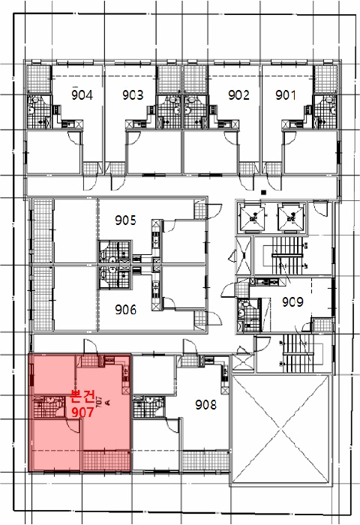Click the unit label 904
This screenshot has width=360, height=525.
[82, 95]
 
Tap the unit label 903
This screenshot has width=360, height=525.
[133, 95]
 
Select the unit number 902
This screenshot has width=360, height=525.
[238, 95]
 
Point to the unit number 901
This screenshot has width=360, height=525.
[286, 95]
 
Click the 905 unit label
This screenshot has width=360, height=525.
[125, 220]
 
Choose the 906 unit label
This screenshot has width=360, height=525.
[125, 309]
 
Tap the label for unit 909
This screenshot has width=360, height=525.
[292, 301]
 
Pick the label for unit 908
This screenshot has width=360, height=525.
[206, 405]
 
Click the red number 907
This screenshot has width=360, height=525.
[82, 412]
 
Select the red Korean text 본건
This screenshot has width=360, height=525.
[82, 397]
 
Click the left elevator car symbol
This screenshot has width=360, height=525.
[253, 218]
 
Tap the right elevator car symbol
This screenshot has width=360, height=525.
[291, 218]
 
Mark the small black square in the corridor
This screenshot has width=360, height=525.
[263, 192]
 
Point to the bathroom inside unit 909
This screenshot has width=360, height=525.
[248, 316]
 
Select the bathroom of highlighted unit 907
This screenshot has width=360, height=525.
[49, 406]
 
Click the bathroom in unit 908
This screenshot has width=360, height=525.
[149, 406]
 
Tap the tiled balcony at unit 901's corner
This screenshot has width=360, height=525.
[325, 79]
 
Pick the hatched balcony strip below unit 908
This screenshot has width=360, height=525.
[206, 461]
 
